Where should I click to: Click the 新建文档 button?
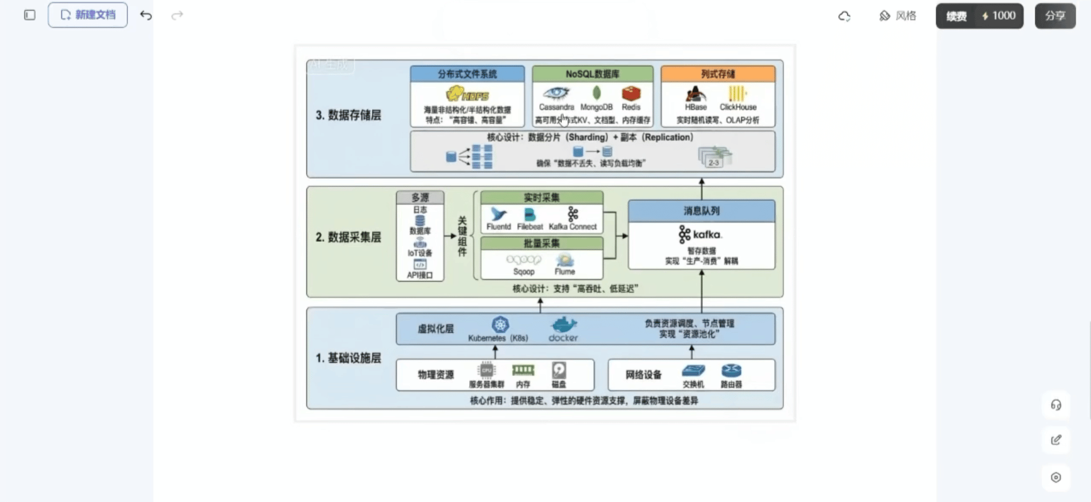(88, 15)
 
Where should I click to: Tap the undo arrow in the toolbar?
(146, 15)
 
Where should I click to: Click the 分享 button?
(1055, 16)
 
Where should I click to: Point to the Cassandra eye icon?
(556, 93)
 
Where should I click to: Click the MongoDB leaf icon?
(597, 93)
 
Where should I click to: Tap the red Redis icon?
(631, 93)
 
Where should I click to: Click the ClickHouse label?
(738, 107)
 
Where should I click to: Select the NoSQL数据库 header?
(592, 74)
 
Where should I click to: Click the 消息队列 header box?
(701, 211)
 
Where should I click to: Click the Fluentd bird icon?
(498, 214)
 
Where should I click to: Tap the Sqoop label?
(523, 271)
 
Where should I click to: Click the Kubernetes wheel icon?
(500, 325)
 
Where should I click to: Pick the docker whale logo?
(563, 325)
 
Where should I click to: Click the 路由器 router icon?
(731, 371)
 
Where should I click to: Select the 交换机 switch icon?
(693, 371)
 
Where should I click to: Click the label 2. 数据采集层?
(348, 237)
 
